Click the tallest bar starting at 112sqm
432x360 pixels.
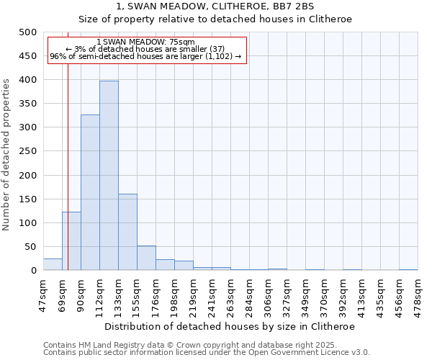(x=109, y=176)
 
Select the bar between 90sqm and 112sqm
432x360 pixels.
(x=90, y=192)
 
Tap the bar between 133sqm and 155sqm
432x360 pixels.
(x=127, y=232)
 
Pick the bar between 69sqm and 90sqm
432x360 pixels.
(x=71, y=241)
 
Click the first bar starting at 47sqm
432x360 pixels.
(x=53, y=264)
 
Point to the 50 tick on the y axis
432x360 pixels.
(x=30, y=247)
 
